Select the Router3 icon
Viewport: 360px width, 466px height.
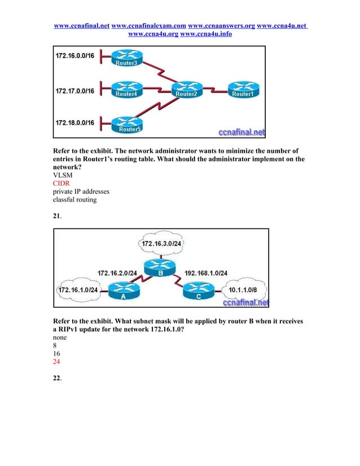click(126, 58)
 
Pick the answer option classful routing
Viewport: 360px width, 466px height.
click(74, 199)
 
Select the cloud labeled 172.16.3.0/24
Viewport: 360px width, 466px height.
click(164, 244)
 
